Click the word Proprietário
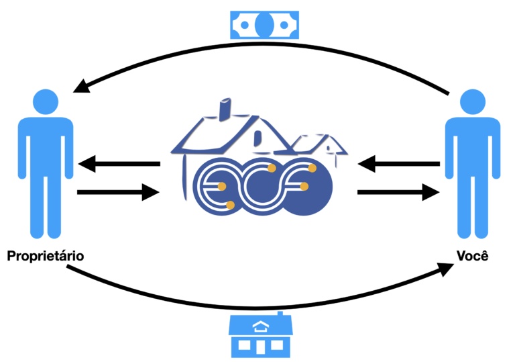coord(46,256)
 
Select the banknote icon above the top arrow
coord(264,26)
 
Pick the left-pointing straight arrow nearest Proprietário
coord(118,163)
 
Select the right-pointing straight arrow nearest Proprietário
coord(118,193)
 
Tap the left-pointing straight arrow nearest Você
coord(398,163)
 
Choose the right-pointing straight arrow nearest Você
coord(398,193)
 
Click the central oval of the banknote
coord(264,26)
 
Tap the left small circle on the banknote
coord(243,26)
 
